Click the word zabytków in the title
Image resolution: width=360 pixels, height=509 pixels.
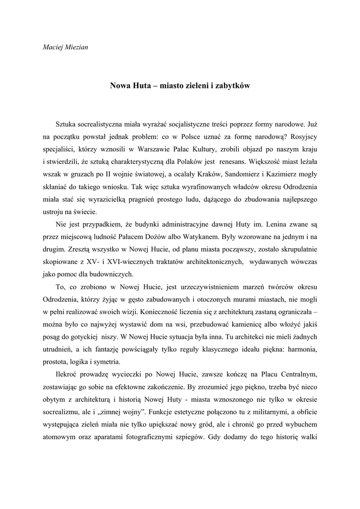[231, 85]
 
